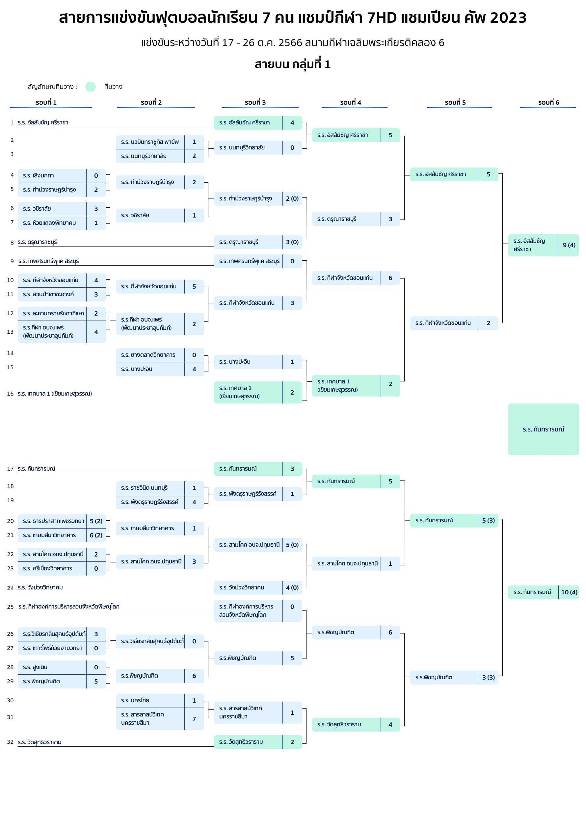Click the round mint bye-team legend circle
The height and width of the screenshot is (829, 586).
point(90,87)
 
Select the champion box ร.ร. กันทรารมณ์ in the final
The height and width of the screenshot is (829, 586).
point(544,429)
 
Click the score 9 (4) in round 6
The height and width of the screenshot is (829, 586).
point(569,245)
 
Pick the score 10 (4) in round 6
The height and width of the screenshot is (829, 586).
point(569,592)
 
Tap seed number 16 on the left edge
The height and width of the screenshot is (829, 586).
point(10,394)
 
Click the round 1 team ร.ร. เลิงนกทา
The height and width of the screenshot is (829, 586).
point(38,175)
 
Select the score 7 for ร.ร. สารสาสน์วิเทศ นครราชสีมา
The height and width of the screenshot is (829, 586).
point(194,718)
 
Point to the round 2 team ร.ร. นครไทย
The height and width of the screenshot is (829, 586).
point(135,700)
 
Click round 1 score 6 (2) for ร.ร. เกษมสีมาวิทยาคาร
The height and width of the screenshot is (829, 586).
point(96,535)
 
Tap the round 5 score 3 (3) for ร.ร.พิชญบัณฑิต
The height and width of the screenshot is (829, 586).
point(489,677)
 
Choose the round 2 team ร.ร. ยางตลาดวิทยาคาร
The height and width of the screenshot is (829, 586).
point(148,354)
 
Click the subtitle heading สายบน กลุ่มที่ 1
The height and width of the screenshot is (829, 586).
point(293,64)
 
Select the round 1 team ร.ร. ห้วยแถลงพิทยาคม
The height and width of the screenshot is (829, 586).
point(49,223)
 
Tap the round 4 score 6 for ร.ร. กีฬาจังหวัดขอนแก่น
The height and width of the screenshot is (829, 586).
point(390,278)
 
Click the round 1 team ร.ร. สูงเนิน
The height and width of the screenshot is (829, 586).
point(35,667)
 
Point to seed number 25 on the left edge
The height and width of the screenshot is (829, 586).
point(10,607)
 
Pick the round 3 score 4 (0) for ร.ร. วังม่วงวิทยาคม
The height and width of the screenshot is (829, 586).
point(292,587)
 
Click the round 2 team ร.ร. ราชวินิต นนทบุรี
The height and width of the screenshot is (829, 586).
point(145,488)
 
